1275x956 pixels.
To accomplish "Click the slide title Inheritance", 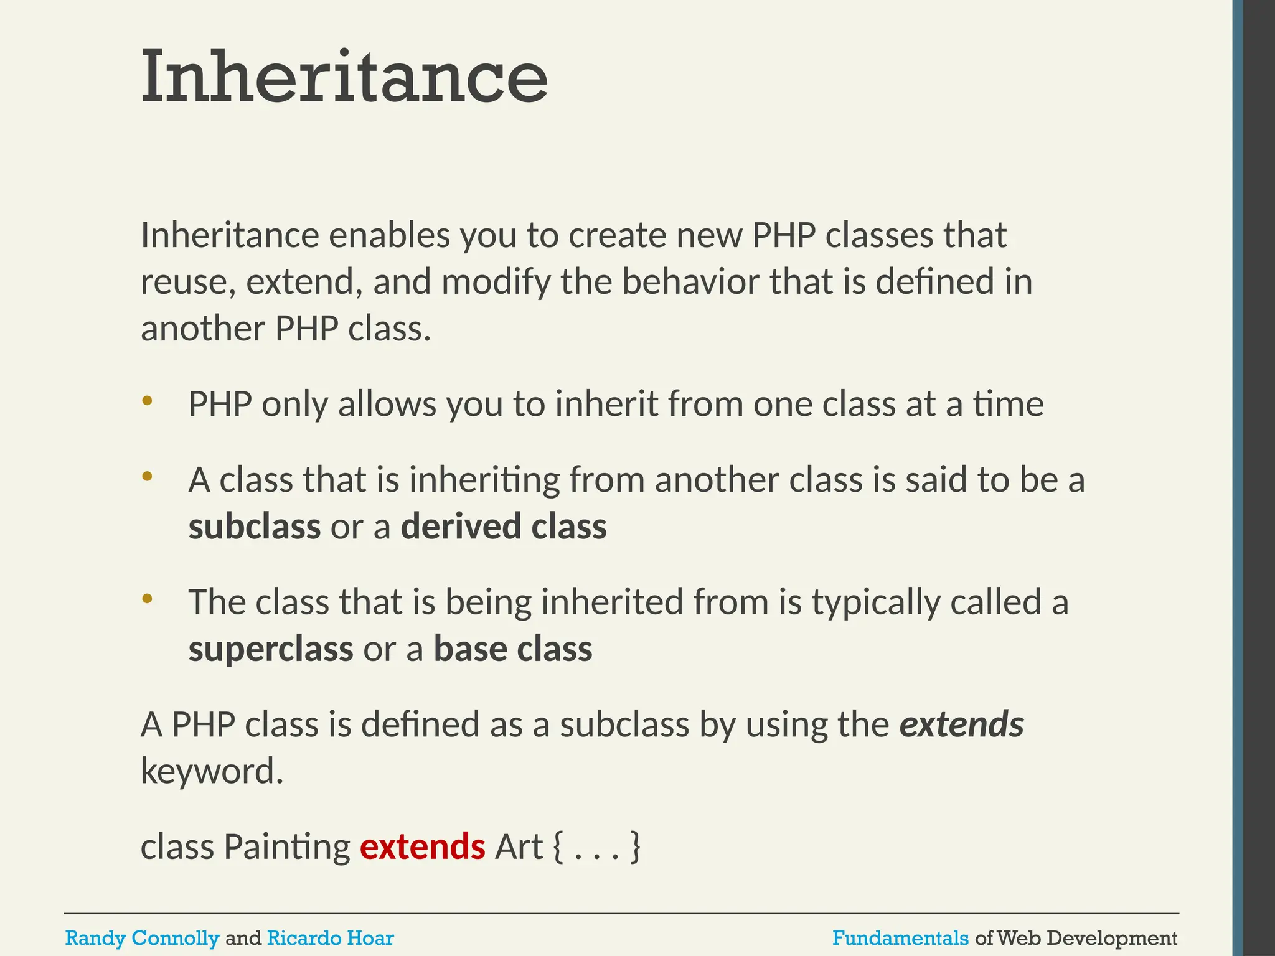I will click(344, 77).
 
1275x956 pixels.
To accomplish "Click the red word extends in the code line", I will click(422, 846).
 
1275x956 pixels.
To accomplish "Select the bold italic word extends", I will click(961, 724).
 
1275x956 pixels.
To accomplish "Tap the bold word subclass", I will click(255, 527).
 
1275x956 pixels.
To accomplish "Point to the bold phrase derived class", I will click(503, 527).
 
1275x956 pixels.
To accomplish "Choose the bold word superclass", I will click(271, 649).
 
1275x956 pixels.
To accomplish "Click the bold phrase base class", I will click(513, 649).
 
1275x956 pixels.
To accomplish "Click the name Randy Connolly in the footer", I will click(142, 938).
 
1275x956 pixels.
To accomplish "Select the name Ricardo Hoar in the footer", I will click(330, 938).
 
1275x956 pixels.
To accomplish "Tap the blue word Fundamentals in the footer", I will click(900, 938).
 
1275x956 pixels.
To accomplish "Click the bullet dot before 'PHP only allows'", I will click(147, 401).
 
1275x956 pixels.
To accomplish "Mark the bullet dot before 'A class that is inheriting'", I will click(147, 477).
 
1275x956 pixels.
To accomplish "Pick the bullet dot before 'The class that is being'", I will click(147, 599).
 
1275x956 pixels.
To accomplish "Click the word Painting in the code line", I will click(287, 848).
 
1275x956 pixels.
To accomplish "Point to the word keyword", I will click(212, 772).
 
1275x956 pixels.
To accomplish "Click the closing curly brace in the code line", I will click(635, 846).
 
